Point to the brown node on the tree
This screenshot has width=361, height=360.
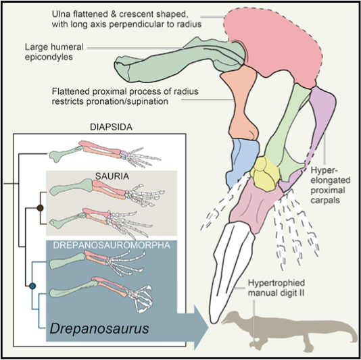tap(41, 207)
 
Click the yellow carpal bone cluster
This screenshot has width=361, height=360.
tap(264, 176)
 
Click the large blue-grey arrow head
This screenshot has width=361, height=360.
tap(203, 330)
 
